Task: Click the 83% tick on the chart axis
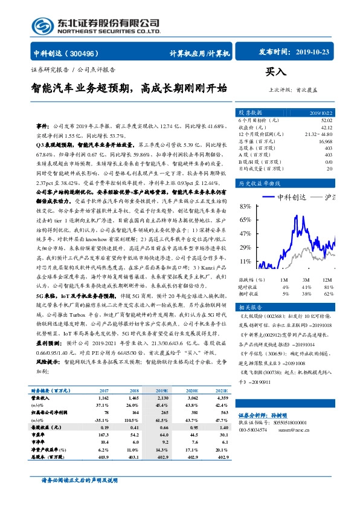(245, 206)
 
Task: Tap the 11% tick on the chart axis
(245, 261)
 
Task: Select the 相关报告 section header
(249, 306)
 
